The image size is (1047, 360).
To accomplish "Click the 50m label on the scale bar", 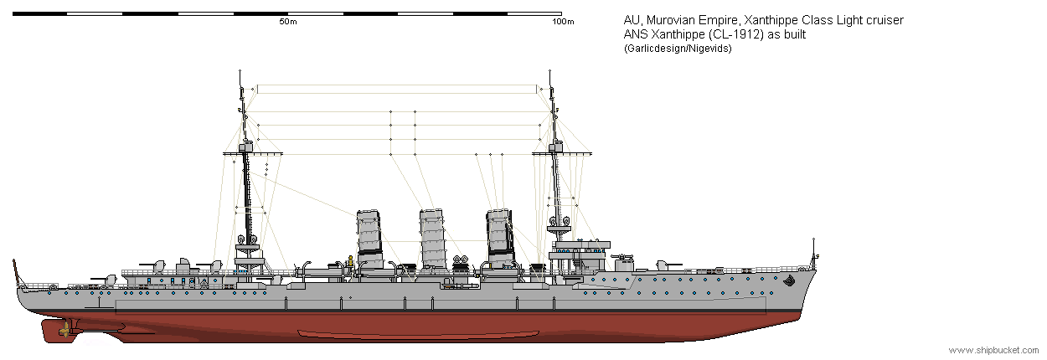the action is click(x=288, y=22).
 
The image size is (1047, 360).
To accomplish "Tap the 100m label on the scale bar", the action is click(x=563, y=22).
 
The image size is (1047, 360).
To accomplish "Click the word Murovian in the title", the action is click(x=669, y=20).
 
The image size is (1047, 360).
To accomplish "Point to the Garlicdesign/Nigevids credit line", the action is click(x=678, y=49).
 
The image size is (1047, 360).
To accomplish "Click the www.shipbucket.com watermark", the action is click(x=993, y=350).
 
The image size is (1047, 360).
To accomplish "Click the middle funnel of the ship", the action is click(x=432, y=239).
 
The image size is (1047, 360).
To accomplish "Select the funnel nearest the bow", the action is click(x=500, y=238).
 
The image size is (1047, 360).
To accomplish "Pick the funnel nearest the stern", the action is click(x=369, y=239).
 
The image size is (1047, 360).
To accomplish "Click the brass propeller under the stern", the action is click(x=65, y=331).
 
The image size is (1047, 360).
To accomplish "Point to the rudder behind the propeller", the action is click(x=50, y=331).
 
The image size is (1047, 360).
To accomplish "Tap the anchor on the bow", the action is click(x=790, y=280).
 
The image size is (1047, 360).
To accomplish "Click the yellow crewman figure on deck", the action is click(x=349, y=261).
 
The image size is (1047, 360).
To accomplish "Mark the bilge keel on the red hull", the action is click(x=418, y=334).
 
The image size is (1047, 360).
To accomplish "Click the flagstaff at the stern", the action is click(x=17, y=272).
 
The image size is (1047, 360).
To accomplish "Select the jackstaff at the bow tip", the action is click(x=814, y=253).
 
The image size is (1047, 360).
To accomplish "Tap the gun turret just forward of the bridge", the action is click(x=623, y=264).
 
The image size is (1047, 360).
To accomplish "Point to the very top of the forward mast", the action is click(x=549, y=71).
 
